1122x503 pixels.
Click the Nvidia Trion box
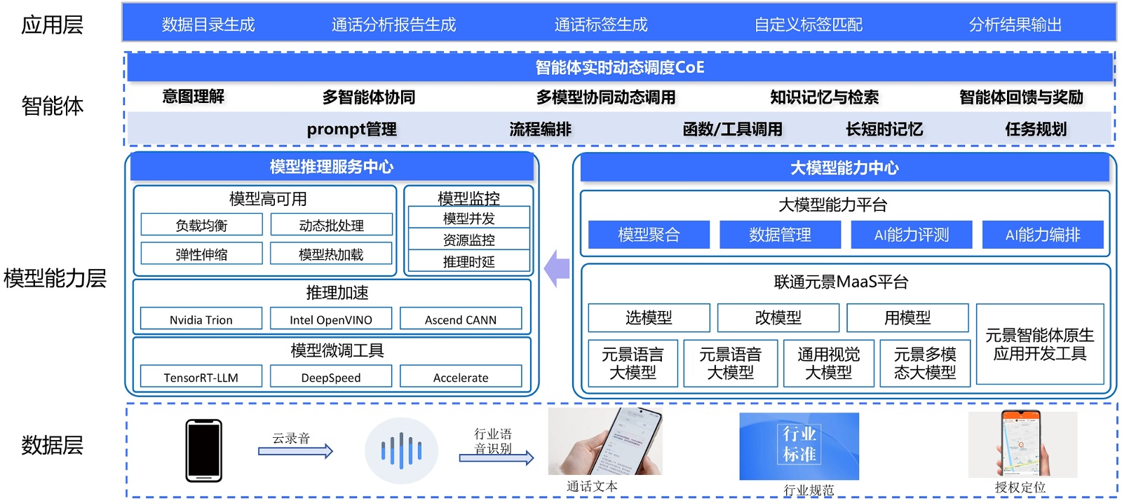[x=201, y=319]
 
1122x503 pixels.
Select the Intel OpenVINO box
[x=331, y=319]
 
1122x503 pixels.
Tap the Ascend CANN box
[x=461, y=319]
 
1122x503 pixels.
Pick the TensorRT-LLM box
[x=201, y=377]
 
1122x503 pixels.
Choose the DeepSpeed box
[x=331, y=377]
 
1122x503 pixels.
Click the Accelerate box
[x=461, y=377]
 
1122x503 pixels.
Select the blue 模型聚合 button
[x=649, y=235]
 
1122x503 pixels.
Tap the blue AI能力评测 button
[x=911, y=235]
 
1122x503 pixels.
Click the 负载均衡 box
[x=201, y=225]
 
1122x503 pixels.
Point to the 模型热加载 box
[x=331, y=254]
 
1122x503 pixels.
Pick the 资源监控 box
[x=468, y=240]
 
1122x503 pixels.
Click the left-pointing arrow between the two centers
[x=557, y=268]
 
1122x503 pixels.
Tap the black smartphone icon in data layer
[x=203, y=450]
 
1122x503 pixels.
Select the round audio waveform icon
[x=401, y=450]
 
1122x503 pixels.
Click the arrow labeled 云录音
[x=295, y=451]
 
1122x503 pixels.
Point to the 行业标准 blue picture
[x=799, y=446]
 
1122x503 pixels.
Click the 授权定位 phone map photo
[x=1022, y=444]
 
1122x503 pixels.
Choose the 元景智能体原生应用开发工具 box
[x=1039, y=344]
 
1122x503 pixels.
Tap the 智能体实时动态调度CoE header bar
[x=619, y=67]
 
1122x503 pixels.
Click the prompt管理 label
[x=351, y=129]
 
